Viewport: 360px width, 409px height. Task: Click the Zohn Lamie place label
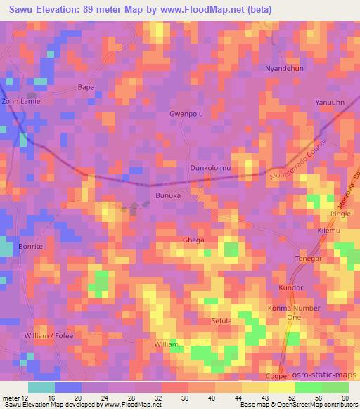click(x=21, y=101)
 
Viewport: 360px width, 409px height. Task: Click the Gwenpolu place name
click(x=186, y=112)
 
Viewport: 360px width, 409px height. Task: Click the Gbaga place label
click(x=193, y=240)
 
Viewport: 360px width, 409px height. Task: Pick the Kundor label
click(x=290, y=288)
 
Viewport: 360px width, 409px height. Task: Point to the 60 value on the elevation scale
click(x=345, y=398)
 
